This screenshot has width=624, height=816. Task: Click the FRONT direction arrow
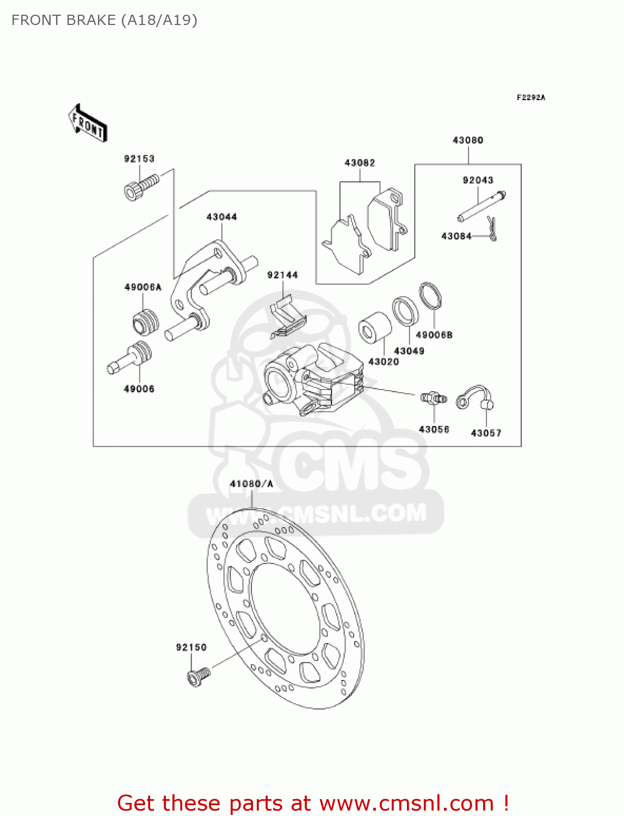tap(88, 123)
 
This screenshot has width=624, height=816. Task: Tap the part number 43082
tap(360, 163)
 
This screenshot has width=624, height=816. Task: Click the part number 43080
tap(468, 140)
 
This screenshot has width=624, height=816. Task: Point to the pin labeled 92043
tap(482, 206)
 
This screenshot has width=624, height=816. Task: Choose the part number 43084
tap(456, 236)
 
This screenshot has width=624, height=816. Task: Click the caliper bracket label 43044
tap(221, 217)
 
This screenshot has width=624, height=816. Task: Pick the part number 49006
tap(139, 389)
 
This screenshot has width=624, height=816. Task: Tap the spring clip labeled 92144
tap(287, 318)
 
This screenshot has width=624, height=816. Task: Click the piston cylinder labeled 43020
tap(375, 327)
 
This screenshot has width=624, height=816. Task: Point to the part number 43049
tap(409, 351)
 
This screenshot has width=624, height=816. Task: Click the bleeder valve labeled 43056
tap(434, 399)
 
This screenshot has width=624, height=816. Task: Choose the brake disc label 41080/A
tap(251, 484)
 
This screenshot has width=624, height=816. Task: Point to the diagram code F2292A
tap(530, 98)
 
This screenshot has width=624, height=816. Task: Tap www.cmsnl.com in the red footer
tap(406, 803)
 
